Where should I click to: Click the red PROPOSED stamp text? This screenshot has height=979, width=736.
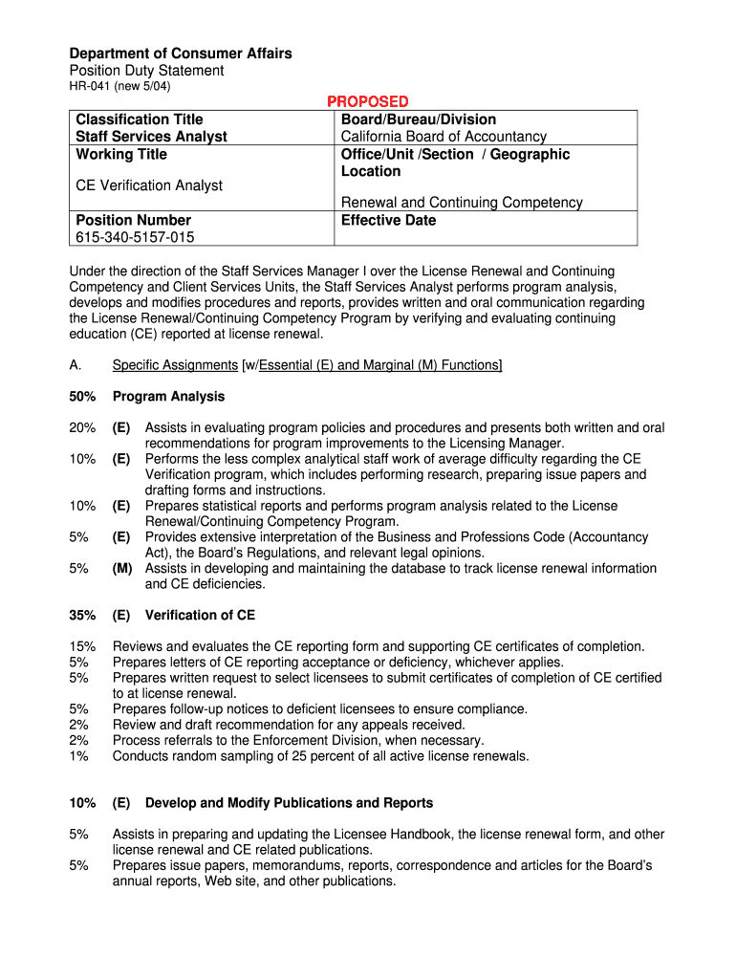(x=368, y=101)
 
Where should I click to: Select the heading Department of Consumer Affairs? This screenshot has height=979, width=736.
(x=181, y=54)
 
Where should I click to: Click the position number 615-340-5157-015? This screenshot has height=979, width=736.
(x=134, y=237)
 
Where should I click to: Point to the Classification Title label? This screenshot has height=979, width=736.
(x=140, y=120)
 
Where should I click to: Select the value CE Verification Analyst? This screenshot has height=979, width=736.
(x=149, y=185)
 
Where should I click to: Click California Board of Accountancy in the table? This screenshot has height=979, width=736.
(x=444, y=137)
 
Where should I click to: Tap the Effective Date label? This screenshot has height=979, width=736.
(x=388, y=220)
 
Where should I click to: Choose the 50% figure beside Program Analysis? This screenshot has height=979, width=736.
(x=82, y=397)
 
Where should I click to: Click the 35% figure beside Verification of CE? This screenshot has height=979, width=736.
(x=82, y=616)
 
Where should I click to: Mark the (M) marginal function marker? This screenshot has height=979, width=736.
(x=121, y=568)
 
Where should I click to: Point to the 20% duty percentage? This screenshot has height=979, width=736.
(x=82, y=428)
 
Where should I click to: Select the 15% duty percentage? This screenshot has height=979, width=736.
(x=82, y=647)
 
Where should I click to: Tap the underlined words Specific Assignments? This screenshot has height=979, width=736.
(x=175, y=365)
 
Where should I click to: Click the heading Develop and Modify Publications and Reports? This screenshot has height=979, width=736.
(x=289, y=803)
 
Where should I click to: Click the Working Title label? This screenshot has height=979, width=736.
(x=121, y=154)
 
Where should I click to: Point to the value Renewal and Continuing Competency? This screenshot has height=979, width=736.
(x=462, y=203)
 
